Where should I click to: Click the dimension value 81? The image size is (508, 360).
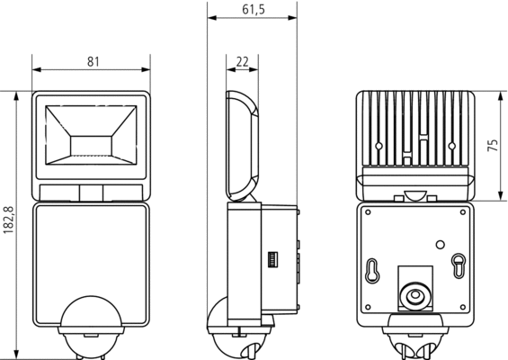(93, 61)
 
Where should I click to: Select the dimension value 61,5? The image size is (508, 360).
(254, 10)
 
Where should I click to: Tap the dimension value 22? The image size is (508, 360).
(243, 61)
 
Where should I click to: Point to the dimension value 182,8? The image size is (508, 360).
(8, 220)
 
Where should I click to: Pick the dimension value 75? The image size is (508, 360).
(493, 145)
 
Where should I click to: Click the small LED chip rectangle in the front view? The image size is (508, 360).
(91, 146)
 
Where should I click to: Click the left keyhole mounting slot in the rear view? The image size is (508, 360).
(372, 271)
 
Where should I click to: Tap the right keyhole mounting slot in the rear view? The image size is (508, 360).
(459, 265)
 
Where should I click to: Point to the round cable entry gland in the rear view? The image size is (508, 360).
(414, 296)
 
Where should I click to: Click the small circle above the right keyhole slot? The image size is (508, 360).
(440, 245)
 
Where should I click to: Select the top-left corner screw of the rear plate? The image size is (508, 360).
(368, 212)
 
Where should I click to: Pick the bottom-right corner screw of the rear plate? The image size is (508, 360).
(463, 307)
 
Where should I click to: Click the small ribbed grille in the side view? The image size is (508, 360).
(272, 259)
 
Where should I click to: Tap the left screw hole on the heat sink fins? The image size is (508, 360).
(379, 146)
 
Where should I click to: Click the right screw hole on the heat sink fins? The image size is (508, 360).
(452, 146)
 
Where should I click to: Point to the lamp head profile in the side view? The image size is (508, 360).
(243, 146)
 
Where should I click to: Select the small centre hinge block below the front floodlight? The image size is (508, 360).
(91, 193)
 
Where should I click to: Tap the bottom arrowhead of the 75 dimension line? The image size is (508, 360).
(501, 196)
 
